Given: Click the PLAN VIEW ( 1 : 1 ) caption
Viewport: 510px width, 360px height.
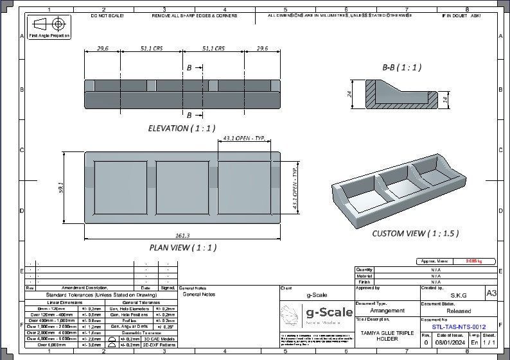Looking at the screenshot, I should pos(183,247).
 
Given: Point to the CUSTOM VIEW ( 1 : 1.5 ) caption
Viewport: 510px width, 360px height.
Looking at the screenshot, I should pos(416,234).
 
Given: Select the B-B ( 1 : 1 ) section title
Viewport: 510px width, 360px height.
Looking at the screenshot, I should pos(401,67).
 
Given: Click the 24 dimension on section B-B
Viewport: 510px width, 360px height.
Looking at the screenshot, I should pos(350,94).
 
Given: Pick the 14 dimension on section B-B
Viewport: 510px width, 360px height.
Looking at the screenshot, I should pos(444,98).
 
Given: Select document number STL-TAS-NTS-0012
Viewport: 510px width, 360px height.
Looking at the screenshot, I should pos(459,327).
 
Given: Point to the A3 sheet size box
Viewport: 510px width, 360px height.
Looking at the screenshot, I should pos(491,293).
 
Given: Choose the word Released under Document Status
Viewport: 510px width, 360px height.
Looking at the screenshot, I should pos(458,311).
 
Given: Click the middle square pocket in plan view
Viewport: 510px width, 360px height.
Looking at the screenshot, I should pos(182,187).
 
